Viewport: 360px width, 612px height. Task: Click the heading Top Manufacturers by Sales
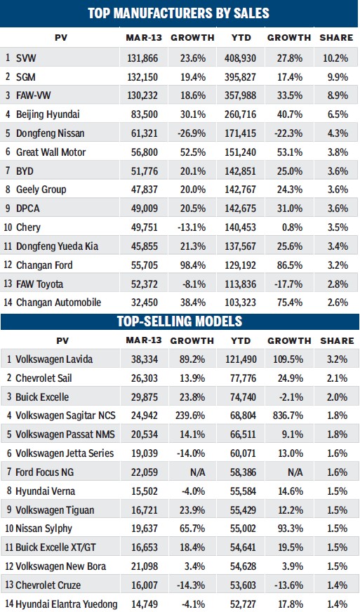[x=180, y=13]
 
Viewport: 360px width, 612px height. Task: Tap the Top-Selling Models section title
[x=180, y=322]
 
